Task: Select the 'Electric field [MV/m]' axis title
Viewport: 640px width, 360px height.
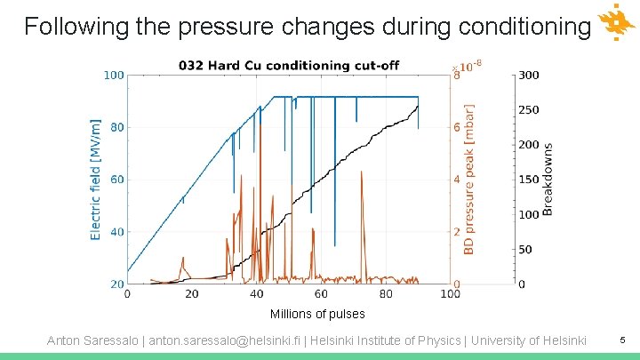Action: tap(96, 180)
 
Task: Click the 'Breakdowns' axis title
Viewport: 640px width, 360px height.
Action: tap(548, 180)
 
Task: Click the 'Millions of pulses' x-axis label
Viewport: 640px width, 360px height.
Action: tap(316, 314)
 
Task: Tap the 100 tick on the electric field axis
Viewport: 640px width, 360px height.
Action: tap(113, 76)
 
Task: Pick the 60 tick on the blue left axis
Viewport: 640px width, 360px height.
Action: tap(116, 180)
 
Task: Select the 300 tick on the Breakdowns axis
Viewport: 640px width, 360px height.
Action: tap(529, 76)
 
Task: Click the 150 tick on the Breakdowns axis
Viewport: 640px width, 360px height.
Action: tap(529, 180)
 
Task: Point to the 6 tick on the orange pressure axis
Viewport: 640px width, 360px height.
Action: tap(457, 128)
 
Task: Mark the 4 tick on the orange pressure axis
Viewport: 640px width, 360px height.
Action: tap(457, 180)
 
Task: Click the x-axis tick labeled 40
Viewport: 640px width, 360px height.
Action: tap(256, 293)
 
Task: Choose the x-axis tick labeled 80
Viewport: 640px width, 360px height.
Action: tap(386, 293)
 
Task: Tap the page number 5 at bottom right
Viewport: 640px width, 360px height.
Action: tap(622, 340)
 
